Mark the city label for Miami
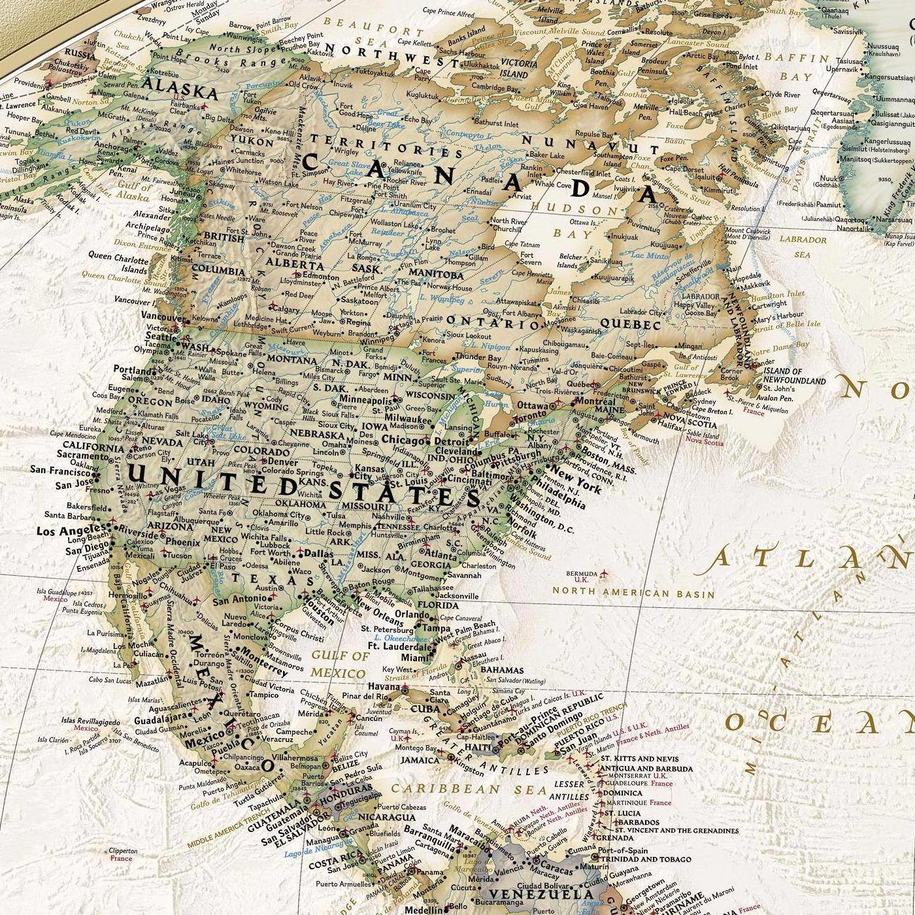point(416,657)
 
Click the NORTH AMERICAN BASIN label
point(633,593)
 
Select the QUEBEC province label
point(630,324)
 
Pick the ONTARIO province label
point(494,321)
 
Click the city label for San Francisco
point(60,470)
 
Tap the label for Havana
point(383,687)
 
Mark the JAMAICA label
point(420,760)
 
